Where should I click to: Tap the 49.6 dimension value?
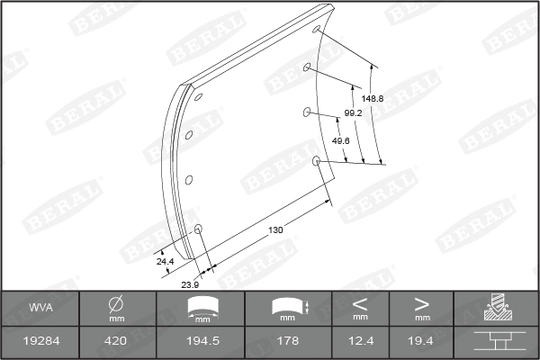[x=341, y=141]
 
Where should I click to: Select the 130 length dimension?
[x=276, y=230]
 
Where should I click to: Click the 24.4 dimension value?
[x=165, y=262]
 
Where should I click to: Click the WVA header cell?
[x=40, y=309]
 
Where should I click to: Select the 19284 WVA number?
[x=40, y=343]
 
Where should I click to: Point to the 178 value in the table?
[x=288, y=343]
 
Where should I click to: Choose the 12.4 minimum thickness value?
[x=360, y=343]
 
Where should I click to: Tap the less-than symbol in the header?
[x=360, y=303]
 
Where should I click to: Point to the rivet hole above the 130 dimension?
[x=316, y=161]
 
